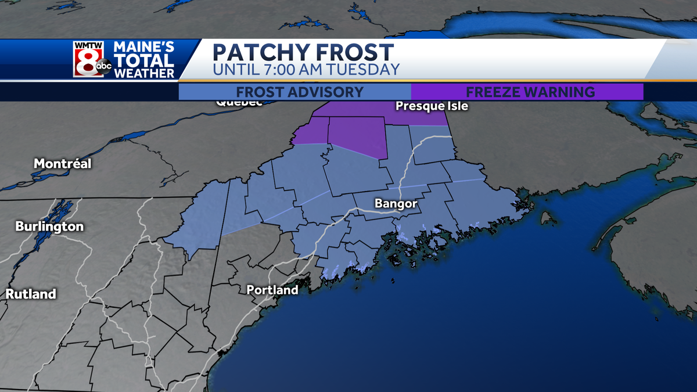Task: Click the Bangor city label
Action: click(x=396, y=204)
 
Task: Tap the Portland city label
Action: click(x=272, y=290)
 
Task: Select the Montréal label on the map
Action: click(x=62, y=164)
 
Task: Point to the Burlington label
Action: click(x=49, y=226)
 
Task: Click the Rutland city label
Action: click(x=31, y=294)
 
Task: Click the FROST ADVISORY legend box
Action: click(x=294, y=92)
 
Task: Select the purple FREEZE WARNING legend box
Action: click(x=527, y=92)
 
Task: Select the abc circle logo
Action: click(x=103, y=67)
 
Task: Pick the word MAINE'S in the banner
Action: click(x=143, y=46)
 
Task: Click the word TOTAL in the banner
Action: click(x=143, y=60)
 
